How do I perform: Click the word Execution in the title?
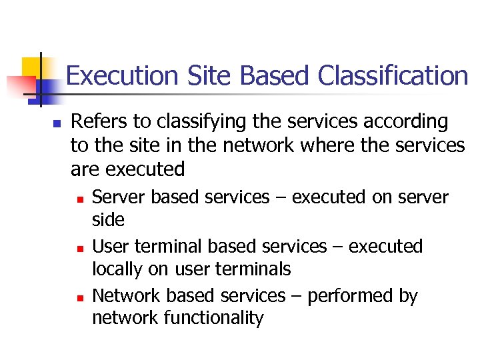click(x=122, y=75)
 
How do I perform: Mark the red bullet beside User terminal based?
click(x=79, y=248)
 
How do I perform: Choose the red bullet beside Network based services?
click(x=79, y=297)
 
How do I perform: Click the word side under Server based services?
click(x=108, y=219)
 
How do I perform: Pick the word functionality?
click(x=216, y=317)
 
